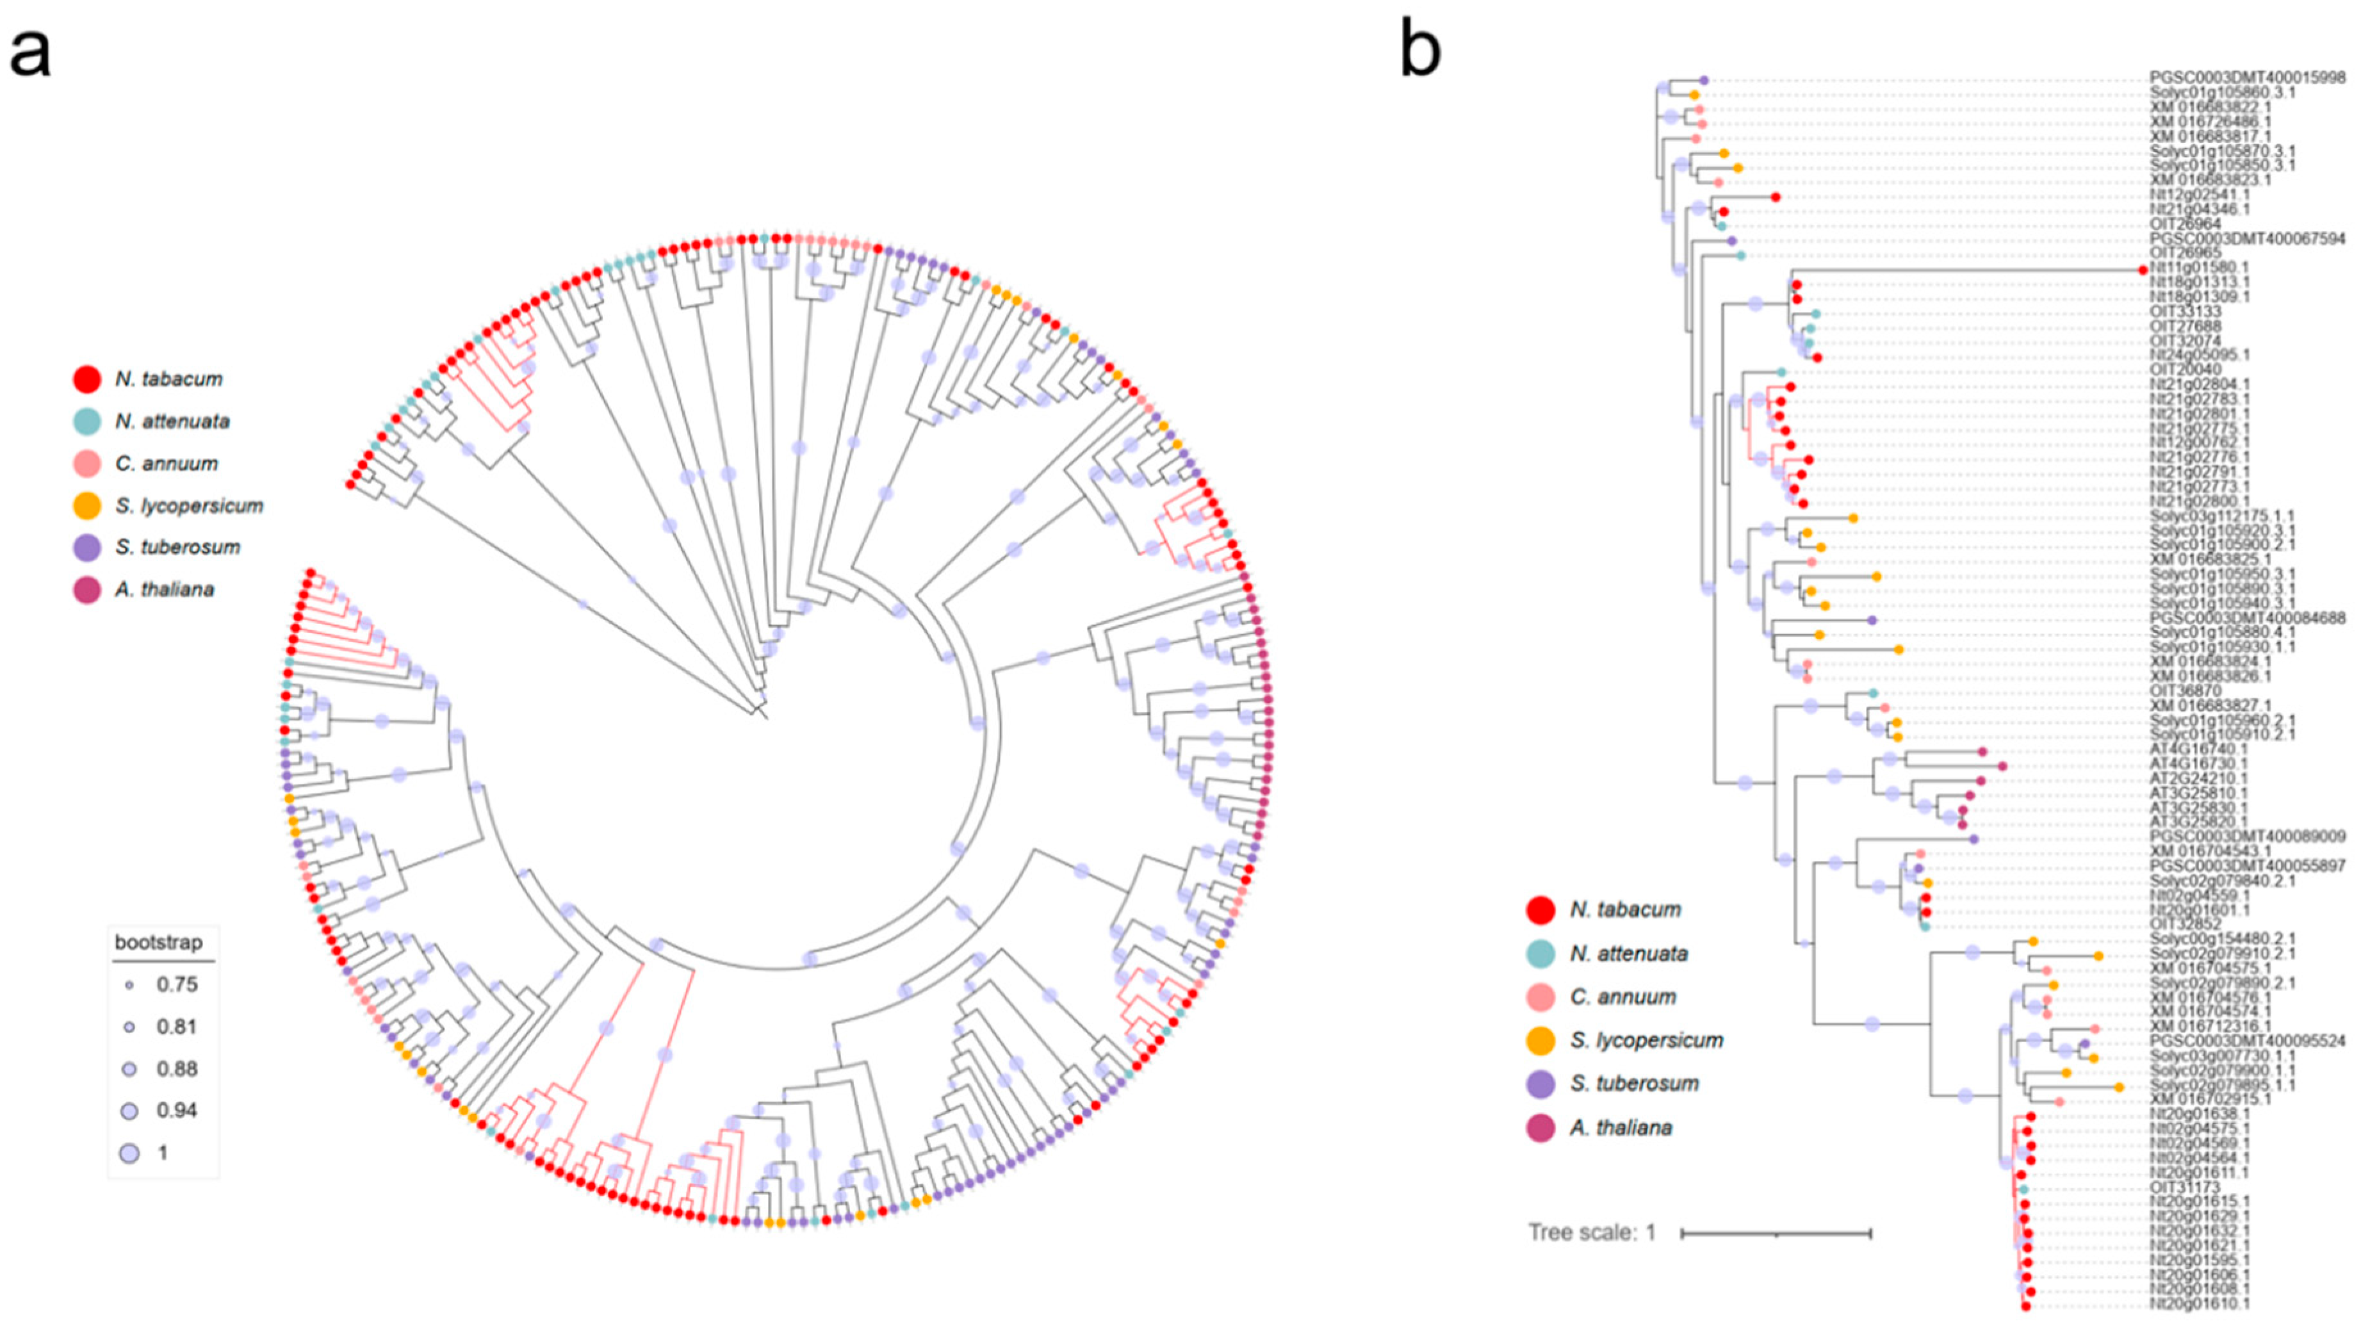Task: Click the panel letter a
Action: tap(30, 53)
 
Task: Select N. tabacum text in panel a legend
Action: tap(168, 379)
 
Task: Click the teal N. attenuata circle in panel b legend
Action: tap(1540, 954)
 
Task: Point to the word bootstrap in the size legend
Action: tap(159, 942)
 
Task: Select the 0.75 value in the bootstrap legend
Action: tap(177, 984)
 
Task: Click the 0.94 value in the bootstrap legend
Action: tap(177, 1111)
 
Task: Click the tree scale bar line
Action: tap(1776, 1234)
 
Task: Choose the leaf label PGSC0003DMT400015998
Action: tap(2248, 79)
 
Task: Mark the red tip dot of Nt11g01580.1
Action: tap(2143, 270)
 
